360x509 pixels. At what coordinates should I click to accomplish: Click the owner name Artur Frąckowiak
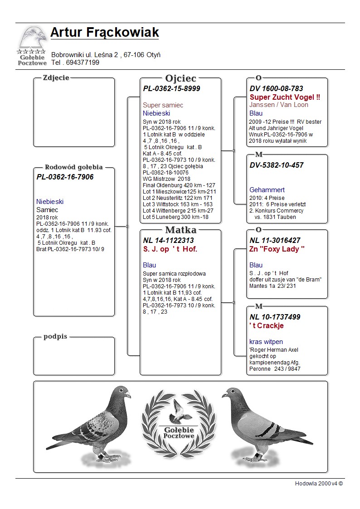tap(104, 33)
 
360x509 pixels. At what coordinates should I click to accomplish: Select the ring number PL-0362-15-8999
tap(171, 88)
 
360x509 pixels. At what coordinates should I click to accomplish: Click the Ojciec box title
tap(180, 78)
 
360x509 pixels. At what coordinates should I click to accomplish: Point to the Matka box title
tap(180, 230)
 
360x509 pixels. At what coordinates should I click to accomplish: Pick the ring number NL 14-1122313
tap(168, 240)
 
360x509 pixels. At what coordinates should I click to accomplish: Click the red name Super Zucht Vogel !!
tap(285, 97)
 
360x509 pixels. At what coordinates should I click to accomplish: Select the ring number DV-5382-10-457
tap(277, 165)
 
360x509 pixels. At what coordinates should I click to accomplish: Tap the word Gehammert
tap(267, 190)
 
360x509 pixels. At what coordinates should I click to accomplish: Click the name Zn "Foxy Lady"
tap(277, 249)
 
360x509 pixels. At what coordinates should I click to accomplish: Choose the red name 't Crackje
tap(267, 325)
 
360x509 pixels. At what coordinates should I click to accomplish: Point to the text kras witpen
tap(266, 342)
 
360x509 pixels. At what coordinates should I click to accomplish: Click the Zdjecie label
tap(56, 78)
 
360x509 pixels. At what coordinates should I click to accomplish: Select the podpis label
tap(55, 337)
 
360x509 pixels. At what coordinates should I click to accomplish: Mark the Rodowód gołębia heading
tap(73, 167)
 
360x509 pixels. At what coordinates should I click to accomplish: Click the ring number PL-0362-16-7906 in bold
tap(65, 177)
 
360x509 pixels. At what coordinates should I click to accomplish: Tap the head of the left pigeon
tap(122, 392)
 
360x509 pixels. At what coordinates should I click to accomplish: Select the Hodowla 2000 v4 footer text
tap(319, 483)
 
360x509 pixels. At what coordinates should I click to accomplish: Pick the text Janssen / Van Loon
tap(279, 105)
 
